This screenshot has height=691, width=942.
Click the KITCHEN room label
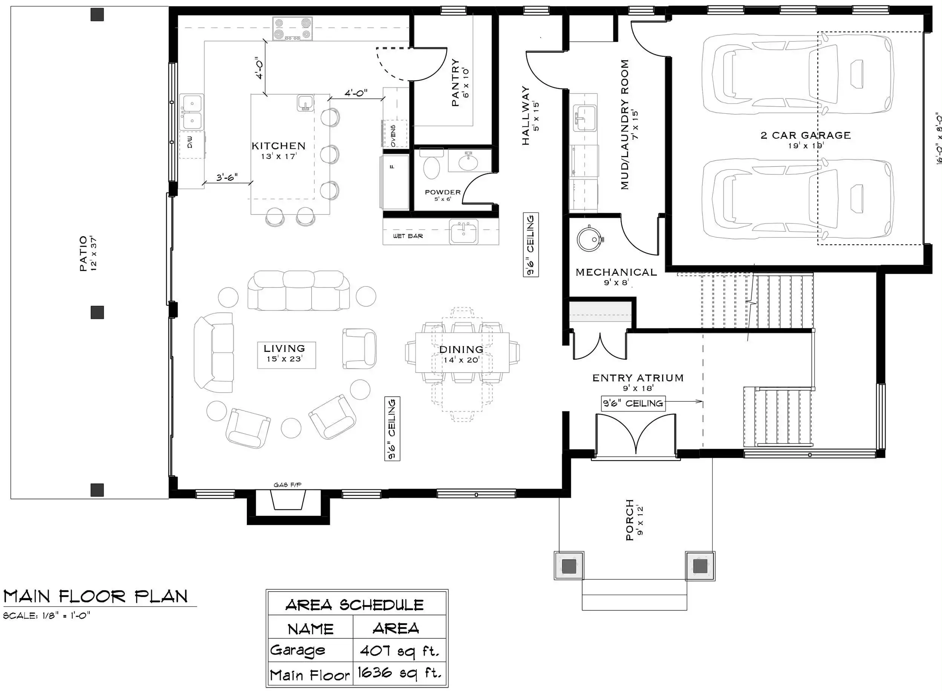[278, 146]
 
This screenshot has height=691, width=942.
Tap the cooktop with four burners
[292, 28]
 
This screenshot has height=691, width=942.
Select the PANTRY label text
[455, 83]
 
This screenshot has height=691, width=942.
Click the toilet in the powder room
[432, 164]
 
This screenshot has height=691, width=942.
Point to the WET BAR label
[408, 236]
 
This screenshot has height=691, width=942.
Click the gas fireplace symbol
[287, 500]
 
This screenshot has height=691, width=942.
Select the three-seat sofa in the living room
[298, 291]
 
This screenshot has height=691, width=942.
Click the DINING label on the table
[461, 349]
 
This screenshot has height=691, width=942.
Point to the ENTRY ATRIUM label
[638, 378]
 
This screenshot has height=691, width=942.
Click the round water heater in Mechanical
[589, 239]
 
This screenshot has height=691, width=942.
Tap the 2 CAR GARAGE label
[806, 135]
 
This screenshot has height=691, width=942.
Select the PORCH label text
[630, 520]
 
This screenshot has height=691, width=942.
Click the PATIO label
[83, 254]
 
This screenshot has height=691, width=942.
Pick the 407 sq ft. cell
[399, 651]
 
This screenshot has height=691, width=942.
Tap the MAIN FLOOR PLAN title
[96, 596]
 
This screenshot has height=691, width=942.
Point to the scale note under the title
[46, 616]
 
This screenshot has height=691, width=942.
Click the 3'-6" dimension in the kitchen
[227, 177]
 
